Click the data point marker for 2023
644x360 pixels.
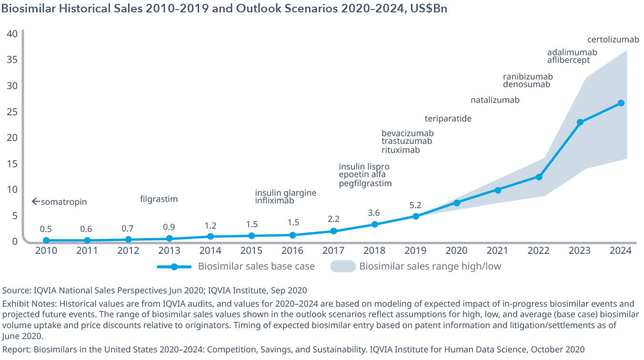pyautogui.click(x=580, y=122)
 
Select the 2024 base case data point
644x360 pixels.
pyautogui.click(x=621, y=103)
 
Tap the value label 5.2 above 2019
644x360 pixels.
pyautogui.click(x=415, y=205)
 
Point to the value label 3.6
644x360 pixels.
pyautogui.click(x=374, y=213)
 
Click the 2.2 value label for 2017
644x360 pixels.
pyautogui.click(x=333, y=220)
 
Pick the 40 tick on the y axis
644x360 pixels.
pyautogui.click(x=12, y=34)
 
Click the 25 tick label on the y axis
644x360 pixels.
pyautogui.click(x=12, y=112)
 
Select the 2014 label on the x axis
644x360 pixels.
pyautogui.click(x=210, y=251)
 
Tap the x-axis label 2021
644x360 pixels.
pyautogui.click(x=498, y=251)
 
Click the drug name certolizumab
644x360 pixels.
pyautogui.click(x=613, y=40)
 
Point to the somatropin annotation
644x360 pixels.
pyautogui.click(x=64, y=202)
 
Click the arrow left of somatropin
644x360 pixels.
pyautogui.click(x=35, y=202)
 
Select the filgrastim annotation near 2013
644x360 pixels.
pyautogui.click(x=159, y=199)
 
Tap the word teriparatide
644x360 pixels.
pyautogui.click(x=448, y=119)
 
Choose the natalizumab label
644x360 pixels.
pyautogui.click(x=495, y=100)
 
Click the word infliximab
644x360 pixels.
pyautogui.click(x=274, y=200)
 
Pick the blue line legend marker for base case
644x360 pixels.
pyautogui.click(x=174, y=267)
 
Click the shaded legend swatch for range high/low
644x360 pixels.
pyautogui.click(x=343, y=267)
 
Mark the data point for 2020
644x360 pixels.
pyautogui.click(x=457, y=203)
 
